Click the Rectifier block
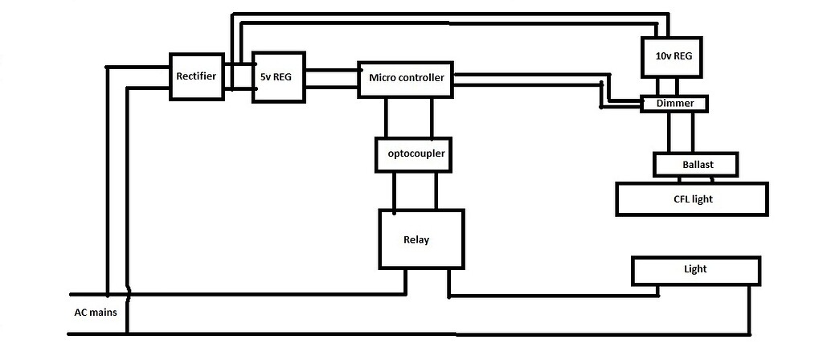196,77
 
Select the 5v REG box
278,78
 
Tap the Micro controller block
405,79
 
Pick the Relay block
420,239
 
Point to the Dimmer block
675,104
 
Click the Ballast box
697,165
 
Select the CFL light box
692,198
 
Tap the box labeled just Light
695,270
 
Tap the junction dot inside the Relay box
394,214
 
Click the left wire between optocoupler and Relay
394,190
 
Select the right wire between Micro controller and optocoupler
433,117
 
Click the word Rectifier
196,76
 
